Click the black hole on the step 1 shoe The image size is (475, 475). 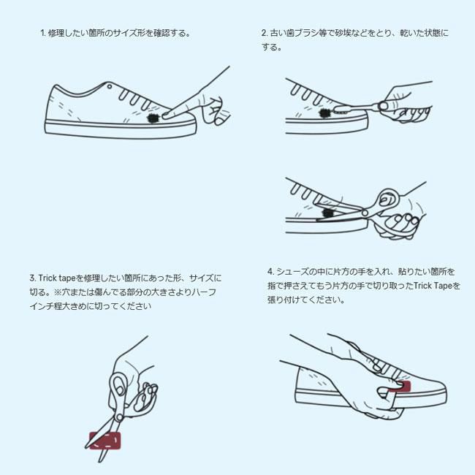152,118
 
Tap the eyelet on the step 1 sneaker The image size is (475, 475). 110,87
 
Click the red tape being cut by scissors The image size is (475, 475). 104,441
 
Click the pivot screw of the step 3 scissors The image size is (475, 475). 119,418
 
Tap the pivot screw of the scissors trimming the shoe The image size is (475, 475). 365,213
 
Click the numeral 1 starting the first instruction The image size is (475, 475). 42,33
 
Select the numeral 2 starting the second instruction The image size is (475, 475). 264,33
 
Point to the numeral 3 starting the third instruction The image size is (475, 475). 32,278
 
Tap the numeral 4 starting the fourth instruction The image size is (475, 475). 270,272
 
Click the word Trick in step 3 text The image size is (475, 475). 47,278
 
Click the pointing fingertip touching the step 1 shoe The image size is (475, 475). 166,115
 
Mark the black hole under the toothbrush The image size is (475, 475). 325,113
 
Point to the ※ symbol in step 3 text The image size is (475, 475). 58,292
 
